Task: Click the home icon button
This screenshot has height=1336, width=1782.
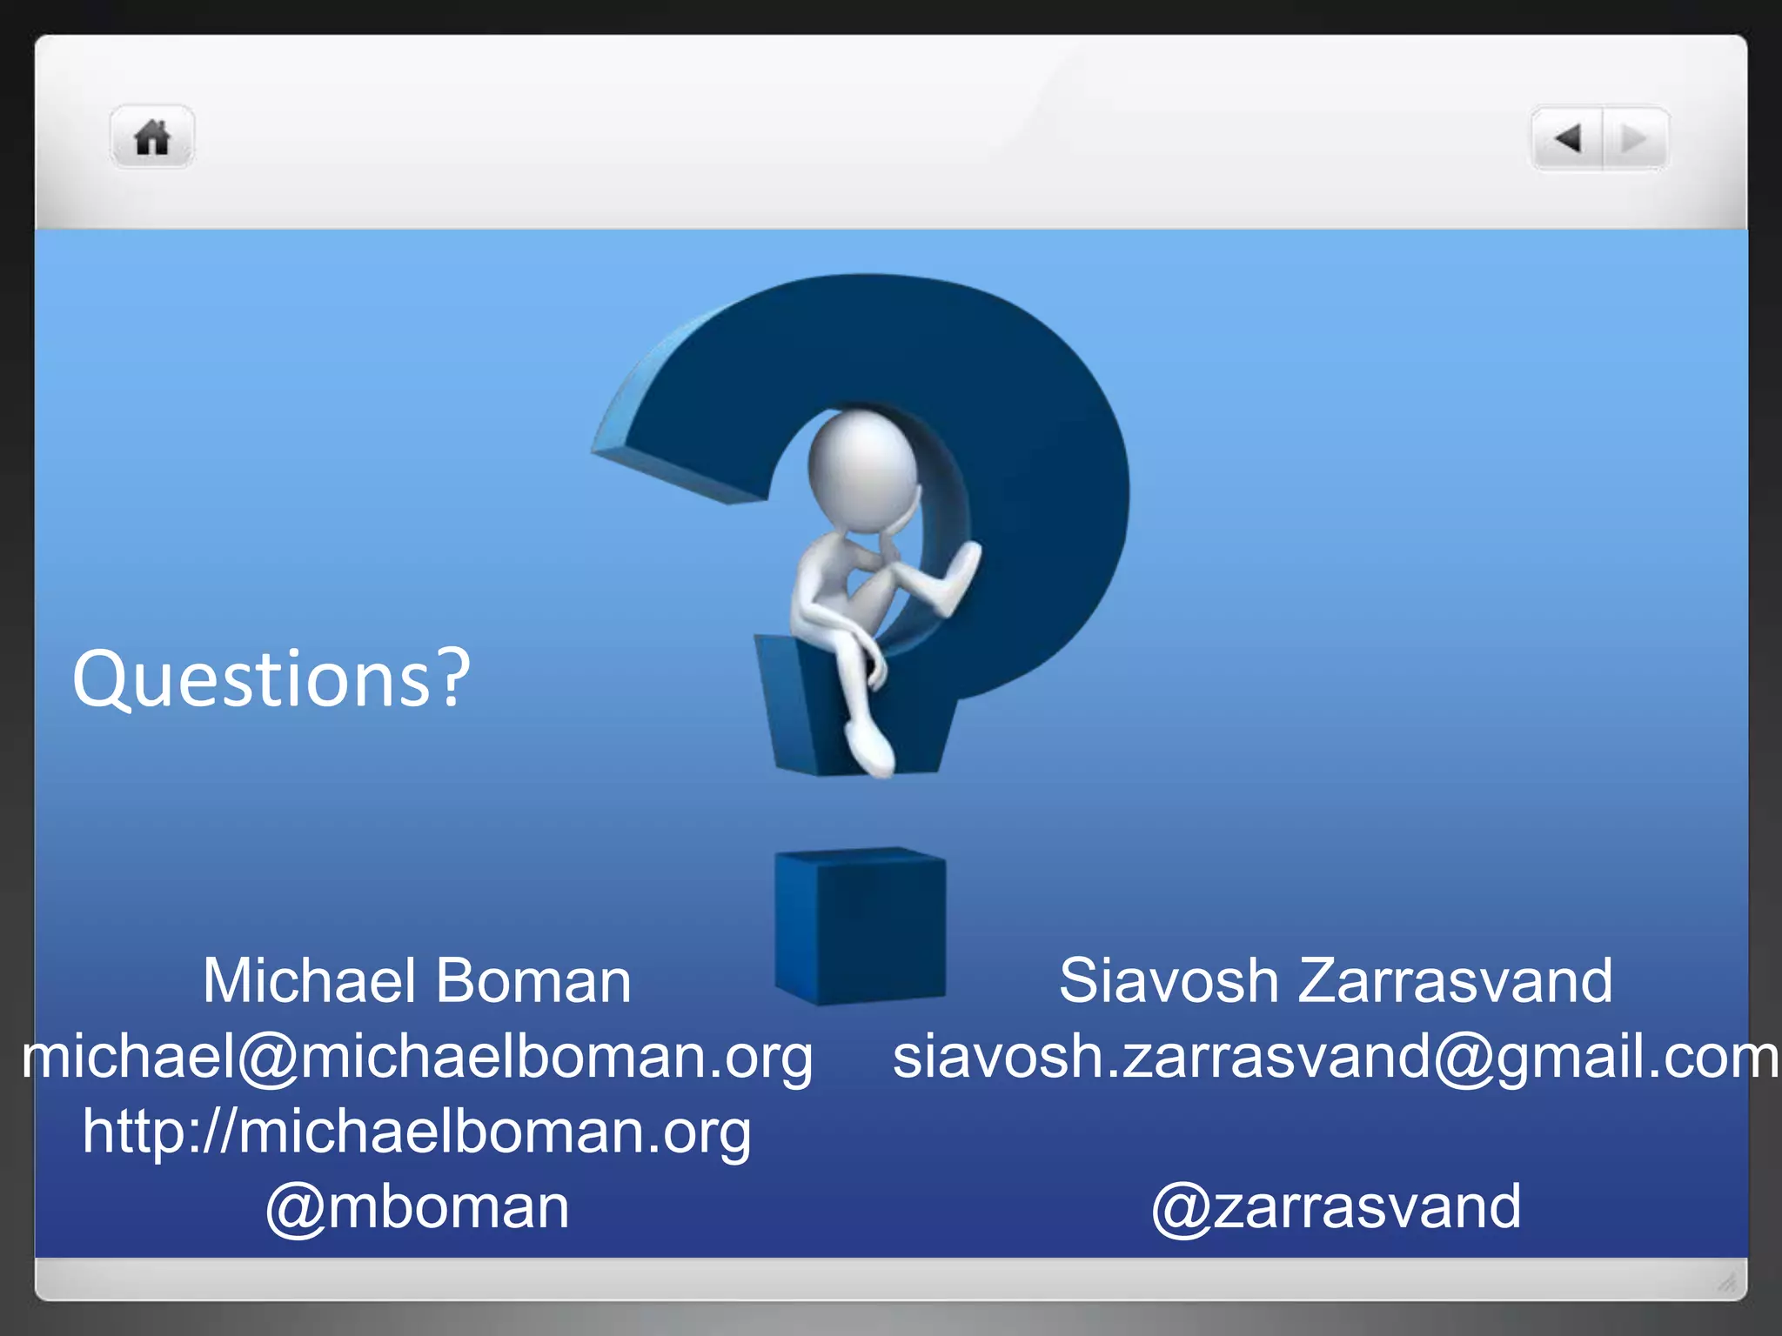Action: click(152, 137)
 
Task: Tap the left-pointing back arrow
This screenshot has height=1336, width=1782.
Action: click(1568, 137)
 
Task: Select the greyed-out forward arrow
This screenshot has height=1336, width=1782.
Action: click(1633, 137)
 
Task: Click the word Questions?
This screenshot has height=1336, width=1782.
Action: click(271, 679)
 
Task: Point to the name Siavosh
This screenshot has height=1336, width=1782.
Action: click(1168, 981)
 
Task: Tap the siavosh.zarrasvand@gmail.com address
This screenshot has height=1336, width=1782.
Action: click(1336, 1057)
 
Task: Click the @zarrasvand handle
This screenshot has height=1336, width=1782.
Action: click(1336, 1207)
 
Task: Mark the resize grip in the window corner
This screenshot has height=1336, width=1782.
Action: click(1726, 1281)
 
